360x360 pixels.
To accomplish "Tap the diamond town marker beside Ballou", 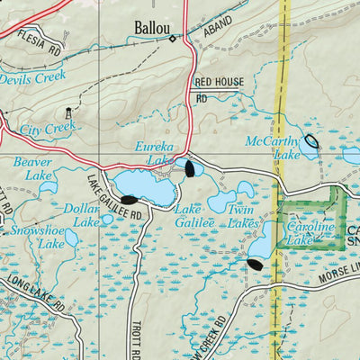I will pos(171,40).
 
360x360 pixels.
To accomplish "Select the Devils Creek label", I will pos(32,79).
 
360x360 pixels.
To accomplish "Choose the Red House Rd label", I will pos(219,88).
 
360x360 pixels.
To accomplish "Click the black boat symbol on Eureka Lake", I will pos(189,166).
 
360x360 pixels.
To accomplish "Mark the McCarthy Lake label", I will pos(274,147).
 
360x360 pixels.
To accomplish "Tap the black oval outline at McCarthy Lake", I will pos(311,140).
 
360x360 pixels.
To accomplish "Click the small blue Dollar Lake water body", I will pos(108,218).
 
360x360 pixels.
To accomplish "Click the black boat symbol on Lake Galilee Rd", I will pos(129,200).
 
